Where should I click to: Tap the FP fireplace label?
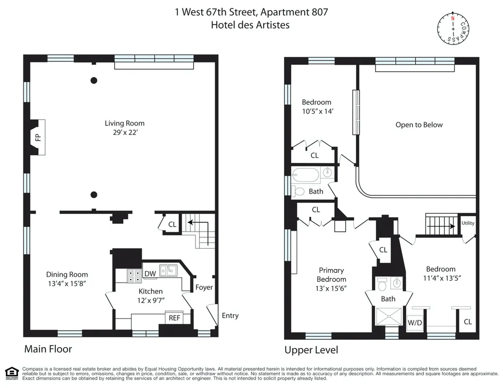pyautogui.click(x=38, y=137)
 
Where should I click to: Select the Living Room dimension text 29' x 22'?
pyautogui.click(x=124, y=132)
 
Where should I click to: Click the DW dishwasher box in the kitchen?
pyautogui.click(x=150, y=274)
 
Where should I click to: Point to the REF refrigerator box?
pyautogui.click(x=174, y=318)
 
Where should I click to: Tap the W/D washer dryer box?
pyautogui.click(x=415, y=323)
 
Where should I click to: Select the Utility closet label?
pyautogui.click(x=468, y=223)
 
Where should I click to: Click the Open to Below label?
pyautogui.click(x=419, y=125)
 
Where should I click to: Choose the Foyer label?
pyautogui.click(x=204, y=287)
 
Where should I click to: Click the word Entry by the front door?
pyautogui.click(x=230, y=316)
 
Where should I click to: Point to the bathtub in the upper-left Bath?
pyautogui.click(x=306, y=174)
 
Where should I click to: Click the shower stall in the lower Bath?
pyautogui.click(x=389, y=317)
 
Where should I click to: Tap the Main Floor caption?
pyautogui.click(x=48, y=349)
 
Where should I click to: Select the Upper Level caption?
pyautogui.click(x=311, y=350)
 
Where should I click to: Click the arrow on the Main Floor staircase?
pyautogui.click(x=198, y=224)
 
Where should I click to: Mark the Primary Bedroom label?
pyautogui.click(x=331, y=275)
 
